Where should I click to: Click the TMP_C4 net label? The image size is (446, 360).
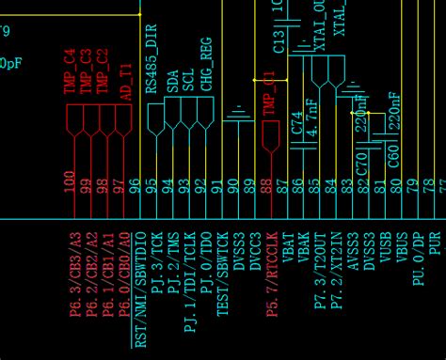(70, 70)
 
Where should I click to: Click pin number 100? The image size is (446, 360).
(70, 181)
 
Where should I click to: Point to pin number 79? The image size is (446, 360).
(411, 186)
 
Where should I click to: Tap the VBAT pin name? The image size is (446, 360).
(287, 246)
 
